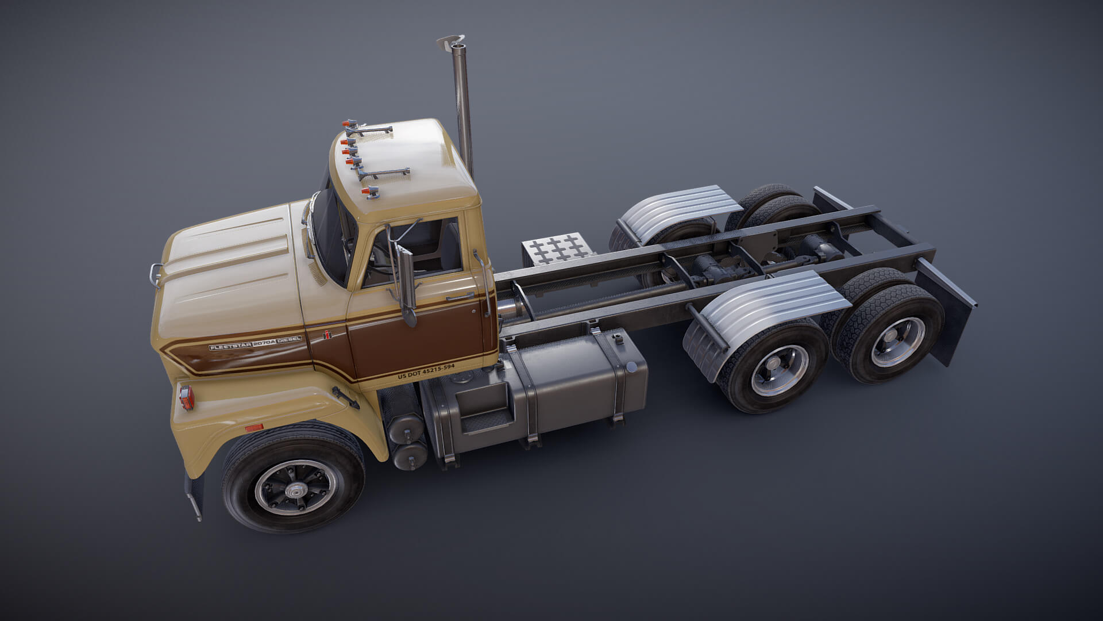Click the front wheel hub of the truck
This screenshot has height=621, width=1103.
click(296, 489)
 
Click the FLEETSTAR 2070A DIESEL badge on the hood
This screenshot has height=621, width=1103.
click(254, 343)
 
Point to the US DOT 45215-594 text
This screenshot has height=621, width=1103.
click(426, 371)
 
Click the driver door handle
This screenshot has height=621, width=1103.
click(460, 297)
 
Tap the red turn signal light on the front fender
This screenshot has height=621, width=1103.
click(185, 397)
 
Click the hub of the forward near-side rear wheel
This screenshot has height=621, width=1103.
click(780, 370)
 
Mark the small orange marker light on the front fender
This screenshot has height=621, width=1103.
click(254, 428)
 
